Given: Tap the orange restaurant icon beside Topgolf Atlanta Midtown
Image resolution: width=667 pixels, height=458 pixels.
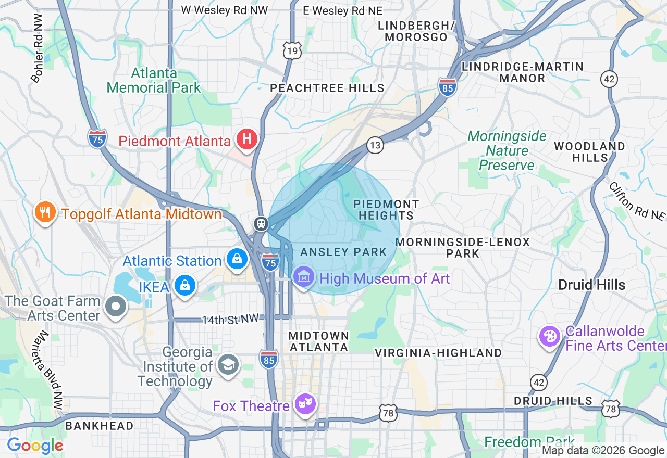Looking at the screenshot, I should click(45, 212).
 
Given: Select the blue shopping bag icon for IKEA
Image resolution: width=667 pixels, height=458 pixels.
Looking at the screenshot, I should click(184, 285).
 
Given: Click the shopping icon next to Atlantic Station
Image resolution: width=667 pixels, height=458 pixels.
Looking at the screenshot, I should click(237, 259).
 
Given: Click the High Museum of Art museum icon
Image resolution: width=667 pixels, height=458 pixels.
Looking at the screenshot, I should click(303, 276).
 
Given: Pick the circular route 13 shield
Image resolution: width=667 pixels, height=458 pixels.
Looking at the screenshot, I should click(375, 145).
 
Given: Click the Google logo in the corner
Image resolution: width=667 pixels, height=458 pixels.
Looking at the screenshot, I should click(35, 446).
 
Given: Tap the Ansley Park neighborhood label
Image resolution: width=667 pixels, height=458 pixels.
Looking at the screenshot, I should click(343, 252).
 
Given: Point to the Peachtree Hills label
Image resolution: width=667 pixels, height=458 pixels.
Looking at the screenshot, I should click(327, 88).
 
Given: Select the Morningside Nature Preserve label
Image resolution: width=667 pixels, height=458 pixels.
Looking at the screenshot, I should click(507, 151).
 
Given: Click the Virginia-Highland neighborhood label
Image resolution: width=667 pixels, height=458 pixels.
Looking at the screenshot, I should click(438, 353).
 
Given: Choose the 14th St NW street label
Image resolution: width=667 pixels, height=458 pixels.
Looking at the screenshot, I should click(230, 320).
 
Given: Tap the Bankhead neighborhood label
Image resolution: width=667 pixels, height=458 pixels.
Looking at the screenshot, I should click(99, 426).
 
